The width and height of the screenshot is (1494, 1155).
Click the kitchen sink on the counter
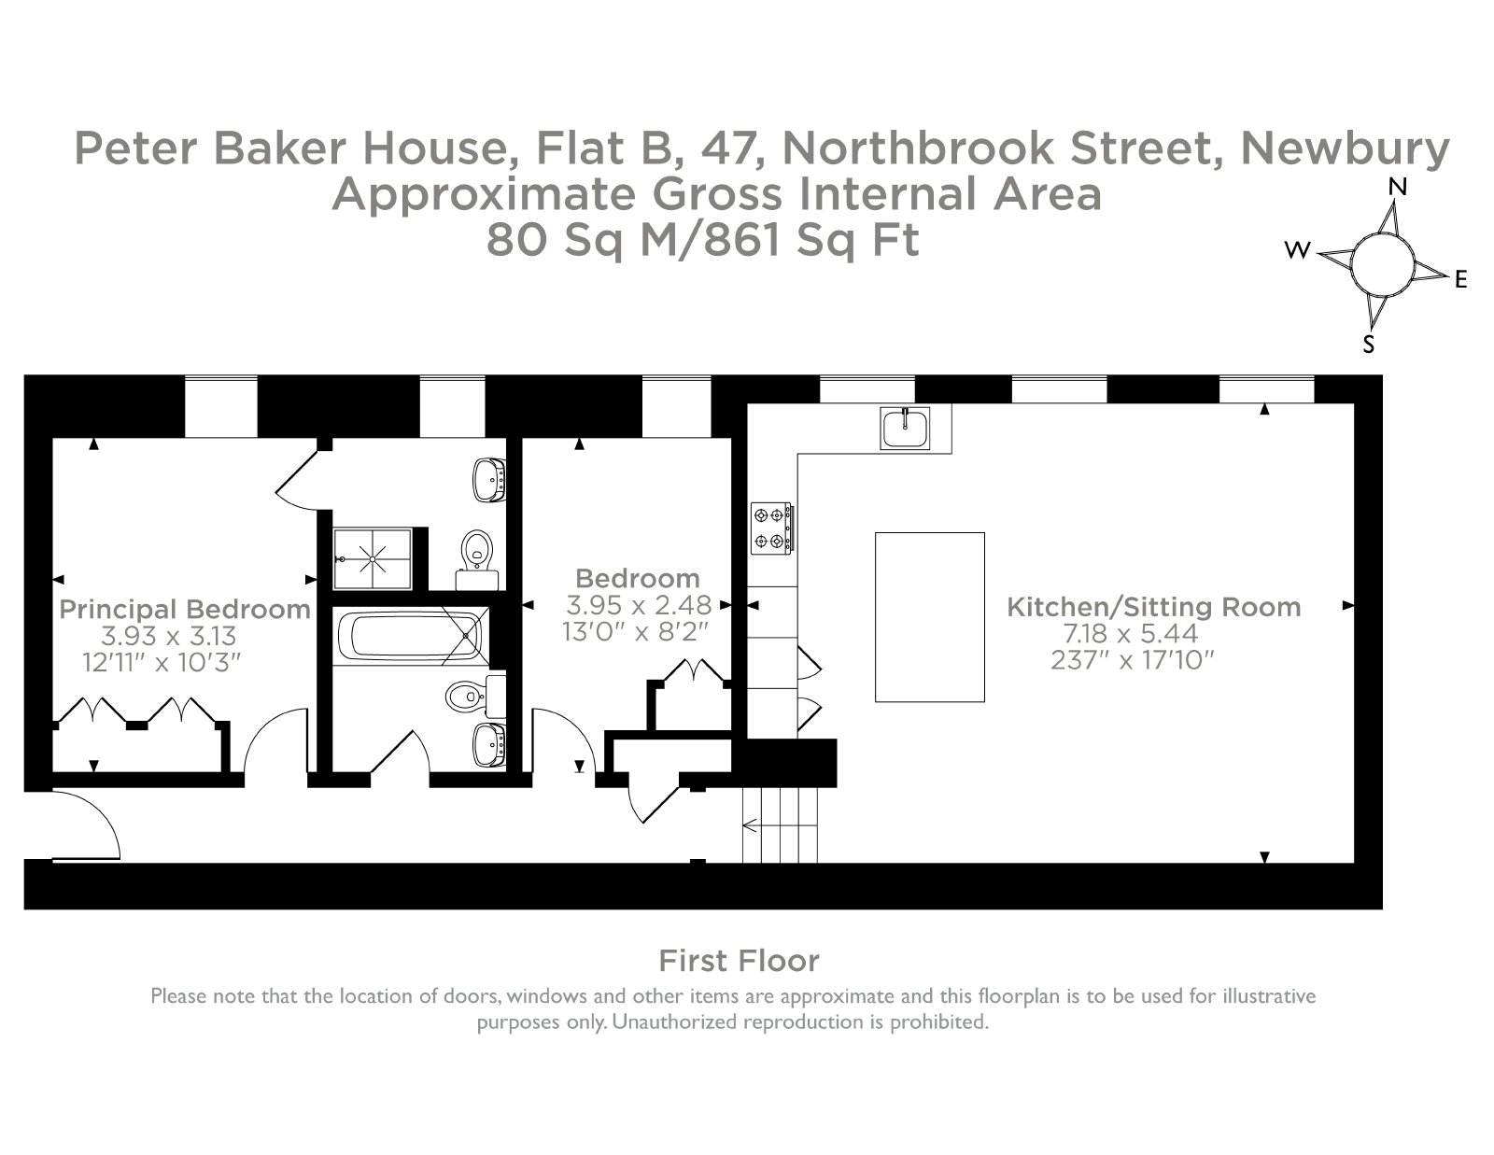coord(905,429)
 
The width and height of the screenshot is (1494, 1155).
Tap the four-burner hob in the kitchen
coord(771,528)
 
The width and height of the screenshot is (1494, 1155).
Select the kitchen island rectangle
coord(929,617)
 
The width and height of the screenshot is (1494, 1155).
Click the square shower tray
coord(373,559)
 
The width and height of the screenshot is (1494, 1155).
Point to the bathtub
coord(411,635)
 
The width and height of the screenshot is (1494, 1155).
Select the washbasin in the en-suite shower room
coord(489,480)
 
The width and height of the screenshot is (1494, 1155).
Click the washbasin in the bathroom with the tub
coord(489,744)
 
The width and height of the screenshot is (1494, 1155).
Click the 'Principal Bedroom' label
coord(185,609)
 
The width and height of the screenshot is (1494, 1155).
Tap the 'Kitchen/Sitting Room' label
coord(1154,607)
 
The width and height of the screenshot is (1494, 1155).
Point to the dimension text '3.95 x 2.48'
coord(639,605)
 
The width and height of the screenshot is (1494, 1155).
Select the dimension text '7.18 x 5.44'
coord(1131,633)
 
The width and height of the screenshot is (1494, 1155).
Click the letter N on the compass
coord(1398,187)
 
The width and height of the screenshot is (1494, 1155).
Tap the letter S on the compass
coord(1369,345)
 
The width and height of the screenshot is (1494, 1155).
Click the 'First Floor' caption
coord(740,961)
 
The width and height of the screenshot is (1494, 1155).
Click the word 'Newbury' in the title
coord(1346,148)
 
